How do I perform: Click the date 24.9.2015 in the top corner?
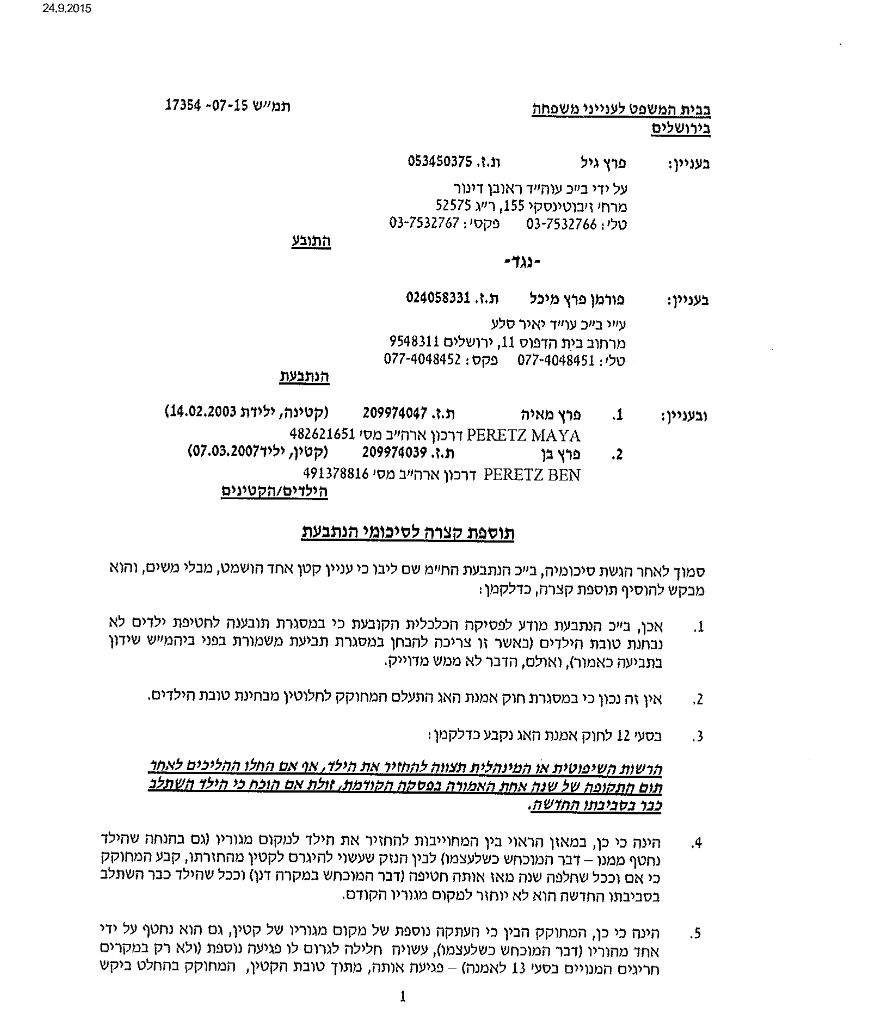click(x=67, y=9)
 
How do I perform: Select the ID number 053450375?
click(x=440, y=161)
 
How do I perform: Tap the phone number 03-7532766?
click(x=561, y=224)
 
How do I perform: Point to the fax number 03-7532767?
click(x=424, y=223)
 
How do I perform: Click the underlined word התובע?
click(x=311, y=241)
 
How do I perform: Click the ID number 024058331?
click(x=438, y=298)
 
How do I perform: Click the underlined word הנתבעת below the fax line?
click(x=304, y=376)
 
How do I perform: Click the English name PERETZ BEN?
click(x=532, y=474)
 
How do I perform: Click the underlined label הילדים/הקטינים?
click(x=274, y=491)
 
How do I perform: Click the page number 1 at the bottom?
click(x=403, y=996)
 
